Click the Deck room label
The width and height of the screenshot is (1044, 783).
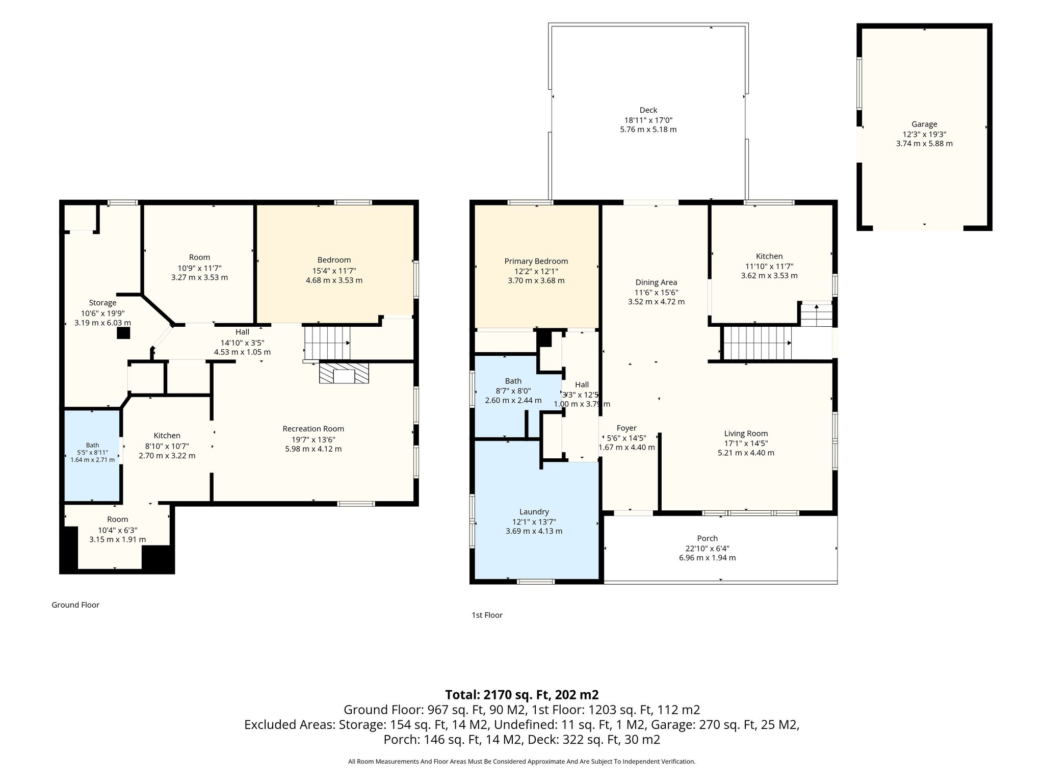pyautogui.click(x=648, y=110)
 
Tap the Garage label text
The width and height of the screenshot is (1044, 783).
pyautogui.click(x=924, y=124)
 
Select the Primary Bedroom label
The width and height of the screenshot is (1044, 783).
pyautogui.click(x=536, y=262)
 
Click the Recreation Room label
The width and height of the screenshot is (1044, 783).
pyautogui.click(x=313, y=429)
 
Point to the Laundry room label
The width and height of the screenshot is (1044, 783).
pyautogui.click(x=534, y=512)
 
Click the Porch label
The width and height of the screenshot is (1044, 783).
pyautogui.click(x=707, y=538)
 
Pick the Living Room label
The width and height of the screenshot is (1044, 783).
pyautogui.click(x=746, y=433)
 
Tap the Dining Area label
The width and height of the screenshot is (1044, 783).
pyautogui.click(x=656, y=282)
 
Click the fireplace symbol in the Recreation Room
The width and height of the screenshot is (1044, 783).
pyautogui.click(x=344, y=373)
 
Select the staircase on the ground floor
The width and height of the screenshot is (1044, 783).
pyautogui.click(x=327, y=343)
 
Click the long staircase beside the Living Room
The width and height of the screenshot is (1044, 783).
pyautogui.click(x=758, y=343)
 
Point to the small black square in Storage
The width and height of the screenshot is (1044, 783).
pyautogui.click(x=123, y=333)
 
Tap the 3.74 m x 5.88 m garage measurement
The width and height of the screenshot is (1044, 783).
pyautogui.click(x=924, y=144)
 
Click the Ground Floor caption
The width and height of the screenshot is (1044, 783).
pyautogui.click(x=75, y=605)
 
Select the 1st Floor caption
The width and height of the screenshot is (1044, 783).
pyautogui.click(x=487, y=615)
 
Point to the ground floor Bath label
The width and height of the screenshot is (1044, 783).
pyautogui.click(x=92, y=445)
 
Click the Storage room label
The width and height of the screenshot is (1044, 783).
pyautogui.click(x=102, y=303)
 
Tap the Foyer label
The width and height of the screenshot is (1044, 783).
pyautogui.click(x=627, y=428)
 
